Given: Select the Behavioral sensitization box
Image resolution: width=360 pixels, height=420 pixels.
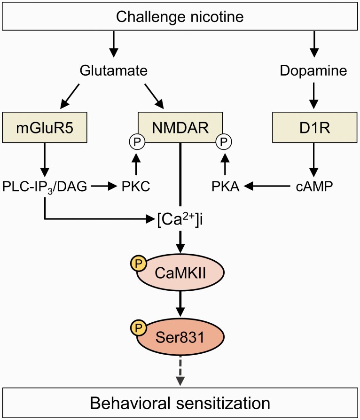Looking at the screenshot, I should [x=180, y=403].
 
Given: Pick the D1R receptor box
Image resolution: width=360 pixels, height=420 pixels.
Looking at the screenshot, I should [x=313, y=127].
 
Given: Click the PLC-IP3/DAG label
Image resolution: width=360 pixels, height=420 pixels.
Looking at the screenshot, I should [x=44, y=187].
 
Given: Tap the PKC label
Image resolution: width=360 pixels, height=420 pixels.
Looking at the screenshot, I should [x=135, y=187].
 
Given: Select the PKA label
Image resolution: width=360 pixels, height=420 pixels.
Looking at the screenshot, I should [x=225, y=187].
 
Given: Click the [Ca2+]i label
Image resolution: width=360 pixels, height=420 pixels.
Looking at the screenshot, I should [x=180, y=219].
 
